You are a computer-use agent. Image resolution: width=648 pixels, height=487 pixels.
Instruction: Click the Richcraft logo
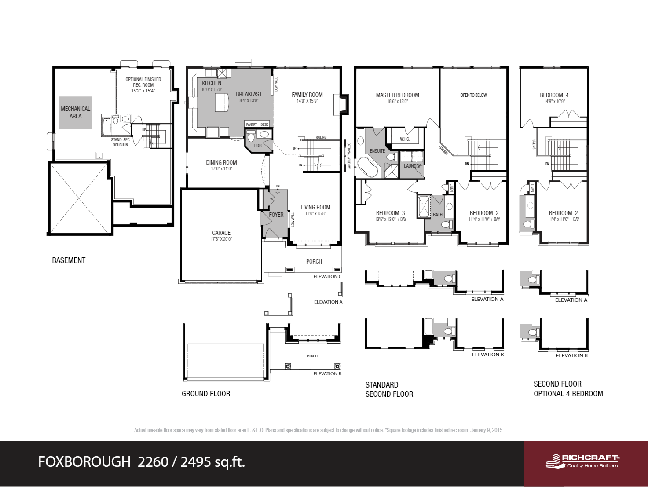pos(582,461)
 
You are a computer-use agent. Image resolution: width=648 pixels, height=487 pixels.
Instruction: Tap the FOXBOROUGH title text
pos(84,461)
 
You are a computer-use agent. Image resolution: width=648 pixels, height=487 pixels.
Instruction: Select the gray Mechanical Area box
pos(75,113)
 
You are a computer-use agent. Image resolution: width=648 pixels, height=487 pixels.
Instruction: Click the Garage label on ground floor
pos(221,233)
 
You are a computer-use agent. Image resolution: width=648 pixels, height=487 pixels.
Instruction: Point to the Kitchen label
pos(212,83)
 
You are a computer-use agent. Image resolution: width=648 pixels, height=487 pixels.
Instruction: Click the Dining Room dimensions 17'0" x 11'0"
pos(221,169)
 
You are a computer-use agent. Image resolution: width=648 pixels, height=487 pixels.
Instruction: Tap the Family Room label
pos(307,95)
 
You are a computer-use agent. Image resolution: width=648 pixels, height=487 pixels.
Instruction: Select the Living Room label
pos(315,207)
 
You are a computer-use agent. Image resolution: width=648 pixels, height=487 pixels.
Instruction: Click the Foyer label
pos(276,215)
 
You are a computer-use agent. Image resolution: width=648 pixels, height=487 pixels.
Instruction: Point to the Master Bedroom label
pos(397,95)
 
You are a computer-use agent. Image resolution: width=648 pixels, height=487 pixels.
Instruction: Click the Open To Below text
pos(473,95)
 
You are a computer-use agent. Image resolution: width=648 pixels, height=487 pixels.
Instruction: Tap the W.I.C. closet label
pos(405,139)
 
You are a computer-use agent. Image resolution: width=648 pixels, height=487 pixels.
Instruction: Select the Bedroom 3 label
pos(390,213)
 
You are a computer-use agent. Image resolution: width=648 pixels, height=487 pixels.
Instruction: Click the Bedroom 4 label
pos(554,95)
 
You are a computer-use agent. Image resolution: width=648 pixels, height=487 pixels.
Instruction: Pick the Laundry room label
pos(412,166)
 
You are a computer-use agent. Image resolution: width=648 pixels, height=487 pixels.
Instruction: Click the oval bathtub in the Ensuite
pos(368,167)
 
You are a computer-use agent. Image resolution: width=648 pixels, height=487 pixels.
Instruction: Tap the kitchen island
pos(222,103)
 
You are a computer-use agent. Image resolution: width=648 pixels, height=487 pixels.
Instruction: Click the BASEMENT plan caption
pos(69,260)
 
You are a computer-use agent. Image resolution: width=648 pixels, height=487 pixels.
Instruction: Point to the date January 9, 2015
pos(486,430)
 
